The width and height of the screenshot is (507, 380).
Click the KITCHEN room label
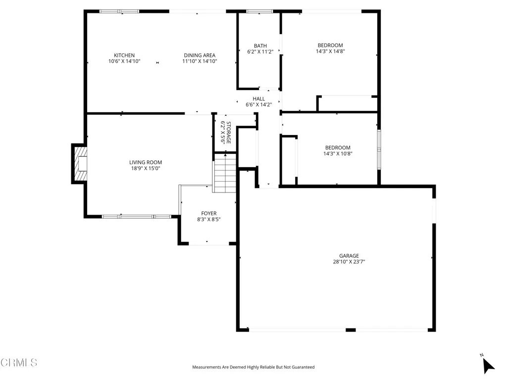tap(124, 55)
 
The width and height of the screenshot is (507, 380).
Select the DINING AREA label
tap(200, 55)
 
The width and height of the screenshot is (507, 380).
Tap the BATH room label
tap(260, 46)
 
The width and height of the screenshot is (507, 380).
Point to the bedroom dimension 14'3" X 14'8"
tap(330, 51)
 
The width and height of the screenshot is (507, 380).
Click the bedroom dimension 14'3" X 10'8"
tap(338, 154)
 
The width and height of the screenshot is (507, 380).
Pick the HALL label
tap(259, 98)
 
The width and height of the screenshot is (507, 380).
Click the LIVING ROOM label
tap(146, 162)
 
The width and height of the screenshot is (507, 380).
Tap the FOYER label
tap(208, 213)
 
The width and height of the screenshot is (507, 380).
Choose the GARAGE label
tap(349, 256)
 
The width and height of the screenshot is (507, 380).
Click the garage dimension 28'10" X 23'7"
tap(349, 262)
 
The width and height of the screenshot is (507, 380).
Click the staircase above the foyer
tap(225, 173)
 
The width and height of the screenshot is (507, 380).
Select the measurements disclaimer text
tap(253, 367)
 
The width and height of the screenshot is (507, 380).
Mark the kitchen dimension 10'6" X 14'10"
tap(124, 62)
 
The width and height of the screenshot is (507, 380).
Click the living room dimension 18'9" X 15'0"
tap(146, 169)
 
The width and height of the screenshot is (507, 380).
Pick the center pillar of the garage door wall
tap(351, 330)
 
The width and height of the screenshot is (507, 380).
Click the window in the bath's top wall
tap(259, 11)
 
